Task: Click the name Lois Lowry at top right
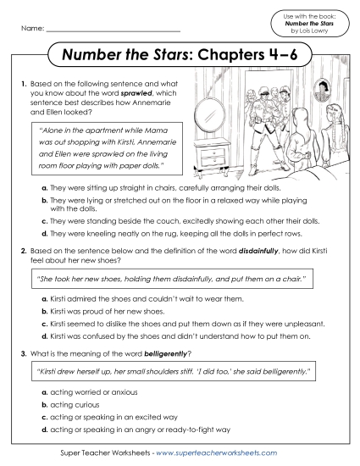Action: click(x=316, y=31)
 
